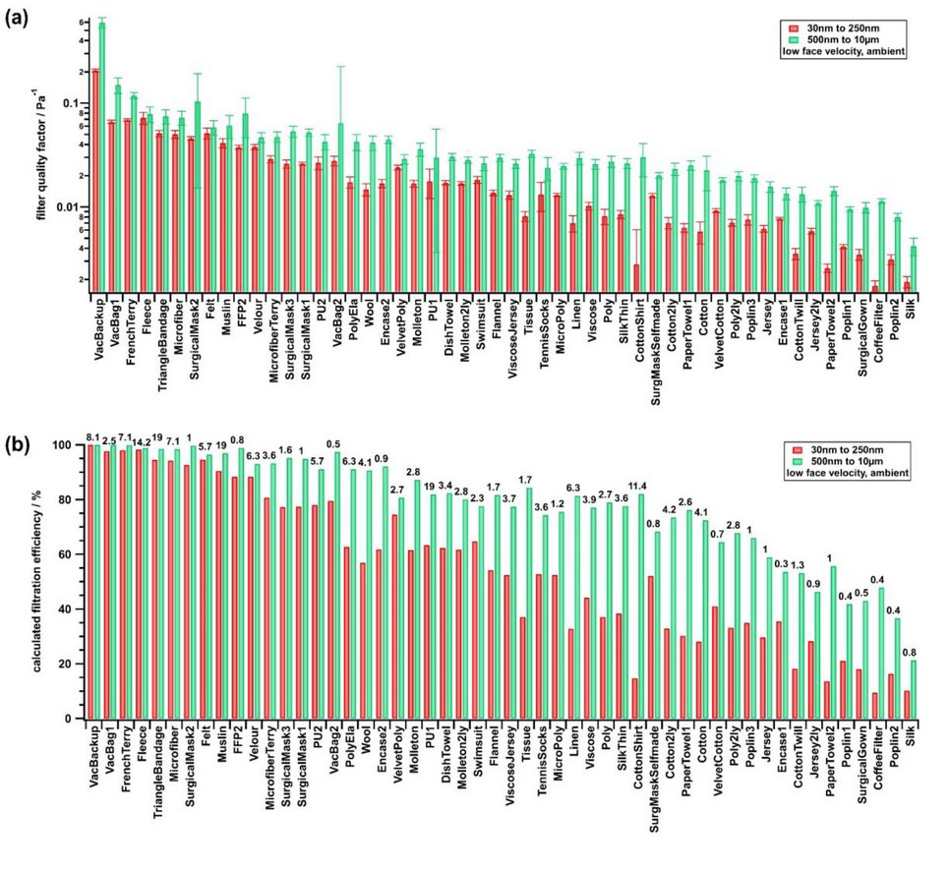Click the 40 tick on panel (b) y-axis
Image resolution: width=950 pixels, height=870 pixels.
pos(71,609)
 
